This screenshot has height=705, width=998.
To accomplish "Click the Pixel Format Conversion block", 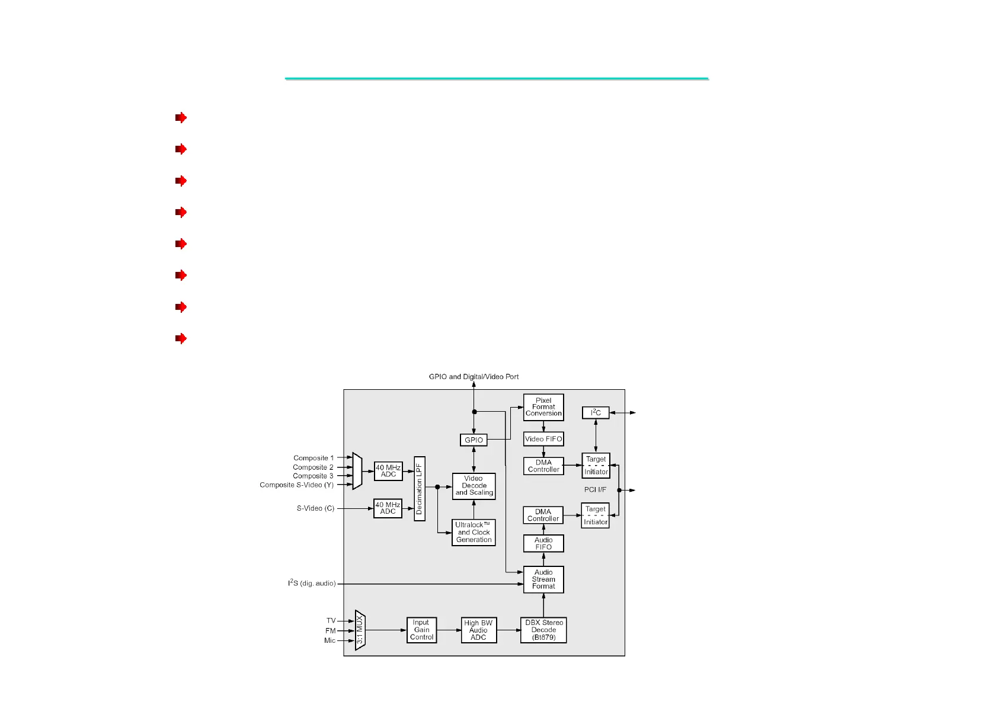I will point(543,407).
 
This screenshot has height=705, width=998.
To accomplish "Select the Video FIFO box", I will point(543,439).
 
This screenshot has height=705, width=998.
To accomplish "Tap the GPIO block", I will point(474,440).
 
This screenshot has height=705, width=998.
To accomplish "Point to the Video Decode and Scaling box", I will point(474,486).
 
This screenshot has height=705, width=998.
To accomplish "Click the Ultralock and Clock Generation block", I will point(474,533).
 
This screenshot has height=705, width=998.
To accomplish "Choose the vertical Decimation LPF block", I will point(420,489).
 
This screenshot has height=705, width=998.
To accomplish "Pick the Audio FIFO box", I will point(543,543).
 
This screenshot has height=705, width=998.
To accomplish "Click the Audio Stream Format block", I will point(543,579).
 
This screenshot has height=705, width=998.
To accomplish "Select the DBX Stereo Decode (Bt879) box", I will point(543,630).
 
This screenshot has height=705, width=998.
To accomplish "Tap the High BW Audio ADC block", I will point(479,630).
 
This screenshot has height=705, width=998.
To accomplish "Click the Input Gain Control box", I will point(421,630).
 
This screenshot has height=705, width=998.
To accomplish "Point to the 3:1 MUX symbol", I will point(360,630).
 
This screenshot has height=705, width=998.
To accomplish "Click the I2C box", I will point(596,413).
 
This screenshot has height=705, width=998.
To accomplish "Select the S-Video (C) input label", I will point(315,508).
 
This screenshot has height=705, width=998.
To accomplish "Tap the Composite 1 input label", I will point(314,458).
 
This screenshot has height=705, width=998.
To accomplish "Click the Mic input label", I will point(330,640).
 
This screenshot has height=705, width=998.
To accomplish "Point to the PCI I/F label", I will point(595,490).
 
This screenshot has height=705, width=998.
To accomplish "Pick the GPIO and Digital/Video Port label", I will point(474,377).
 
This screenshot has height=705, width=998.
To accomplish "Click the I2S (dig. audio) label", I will point(312,584).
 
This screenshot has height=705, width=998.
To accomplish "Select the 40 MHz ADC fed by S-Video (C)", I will point(388,508).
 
